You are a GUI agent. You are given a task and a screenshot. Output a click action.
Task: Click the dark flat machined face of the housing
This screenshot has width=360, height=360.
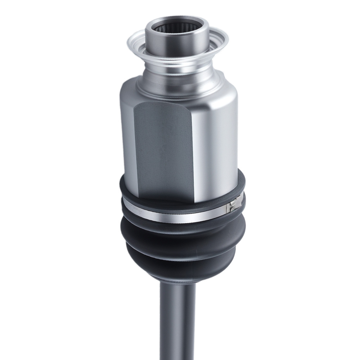(x=162, y=151)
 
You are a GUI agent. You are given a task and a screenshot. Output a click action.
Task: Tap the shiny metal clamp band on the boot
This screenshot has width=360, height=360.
(x=173, y=216)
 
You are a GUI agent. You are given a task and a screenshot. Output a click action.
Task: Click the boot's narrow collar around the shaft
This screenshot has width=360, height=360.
(x=178, y=279)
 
